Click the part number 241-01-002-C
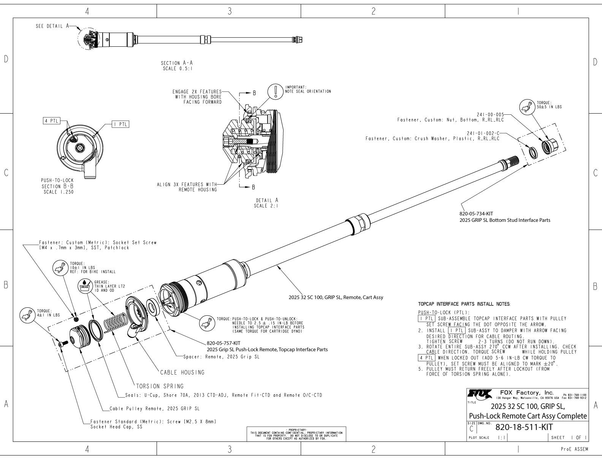click(483, 133)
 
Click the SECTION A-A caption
click(174, 63)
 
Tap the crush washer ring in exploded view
click(533, 153)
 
